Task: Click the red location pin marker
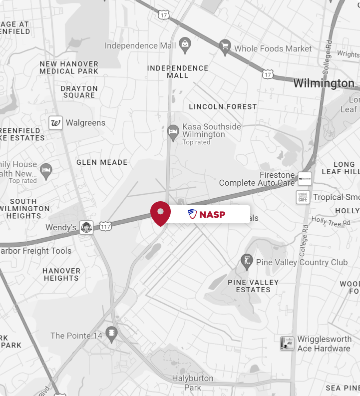160,213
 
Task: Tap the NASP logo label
207,215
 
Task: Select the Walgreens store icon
55,123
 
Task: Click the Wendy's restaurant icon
87,228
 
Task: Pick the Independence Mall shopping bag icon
185,46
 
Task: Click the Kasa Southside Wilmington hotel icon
173,132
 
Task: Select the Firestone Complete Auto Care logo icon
304,179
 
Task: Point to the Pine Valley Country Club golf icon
247,260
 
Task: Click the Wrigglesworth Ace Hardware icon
287,343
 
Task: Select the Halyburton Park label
193,383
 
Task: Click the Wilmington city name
324,83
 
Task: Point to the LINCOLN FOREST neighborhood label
223,107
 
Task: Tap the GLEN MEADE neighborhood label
102,162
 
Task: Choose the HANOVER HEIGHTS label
61,274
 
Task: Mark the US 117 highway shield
105,227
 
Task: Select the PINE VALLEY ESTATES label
253,286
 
